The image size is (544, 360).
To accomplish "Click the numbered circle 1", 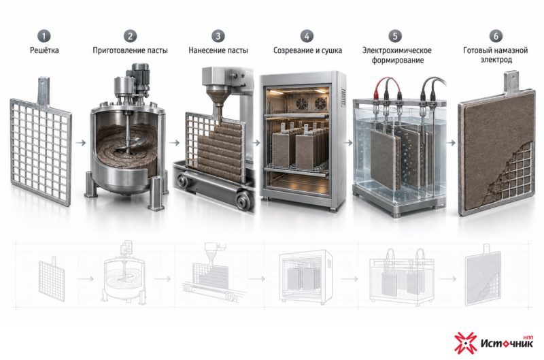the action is (x=44, y=36).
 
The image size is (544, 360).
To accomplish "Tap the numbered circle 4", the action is (x=307, y=36).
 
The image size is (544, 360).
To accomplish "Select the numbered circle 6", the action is (x=496, y=36).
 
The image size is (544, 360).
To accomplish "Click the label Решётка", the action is (x=44, y=50).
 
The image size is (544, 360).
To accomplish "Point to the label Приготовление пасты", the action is (x=130, y=50).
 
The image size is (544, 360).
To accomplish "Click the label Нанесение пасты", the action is (x=218, y=50).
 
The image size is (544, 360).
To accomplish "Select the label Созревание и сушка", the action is (x=307, y=50).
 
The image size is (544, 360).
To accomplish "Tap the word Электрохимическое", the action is (x=397, y=50).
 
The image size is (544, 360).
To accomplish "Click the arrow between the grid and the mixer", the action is (x=81, y=143).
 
